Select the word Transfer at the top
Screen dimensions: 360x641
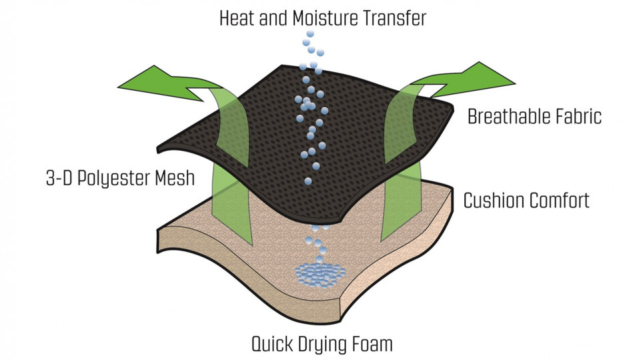(x=396, y=18)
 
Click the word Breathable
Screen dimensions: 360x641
(x=511, y=117)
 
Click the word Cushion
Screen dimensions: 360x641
(x=492, y=200)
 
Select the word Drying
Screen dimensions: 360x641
(x=323, y=345)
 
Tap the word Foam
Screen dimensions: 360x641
(x=374, y=345)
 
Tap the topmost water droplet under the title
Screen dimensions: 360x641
(x=309, y=34)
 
